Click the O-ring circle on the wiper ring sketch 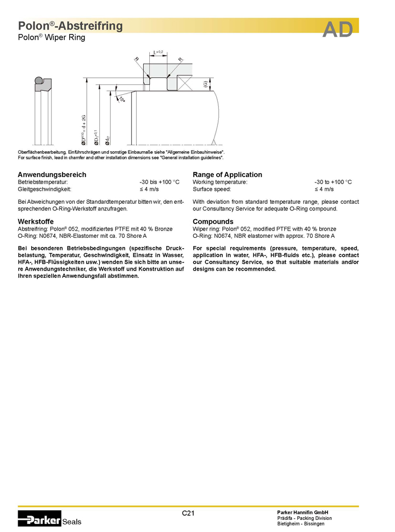click(x=38, y=81)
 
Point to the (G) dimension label click(x=205, y=84)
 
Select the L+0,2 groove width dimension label click(x=159, y=52)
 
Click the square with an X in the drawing click(x=184, y=84)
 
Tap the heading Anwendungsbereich click(x=52, y=174)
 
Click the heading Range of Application click(x=227, y=174)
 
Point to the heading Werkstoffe click(x=36, y=221)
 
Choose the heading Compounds click(x=213, y=221)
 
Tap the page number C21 click(x=188, y=513)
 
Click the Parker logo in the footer click(x=39, y=517)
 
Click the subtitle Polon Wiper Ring click(x=52, y=38)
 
